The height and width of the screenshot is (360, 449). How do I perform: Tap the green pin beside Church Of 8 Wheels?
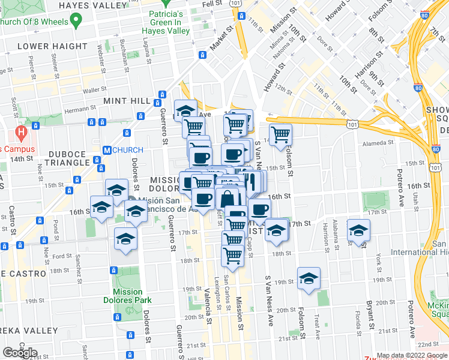point(75,22)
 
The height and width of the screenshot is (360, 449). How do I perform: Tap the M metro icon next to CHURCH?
point(106,150)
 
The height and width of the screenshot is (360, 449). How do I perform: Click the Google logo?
point(19,353)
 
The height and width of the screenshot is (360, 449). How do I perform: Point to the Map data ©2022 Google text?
point(412,355)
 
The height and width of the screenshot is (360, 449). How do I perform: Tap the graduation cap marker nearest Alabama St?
point(358,230)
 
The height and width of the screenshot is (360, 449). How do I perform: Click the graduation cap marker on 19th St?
point(309,278)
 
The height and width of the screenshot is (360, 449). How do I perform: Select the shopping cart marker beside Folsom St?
point(280,135)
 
